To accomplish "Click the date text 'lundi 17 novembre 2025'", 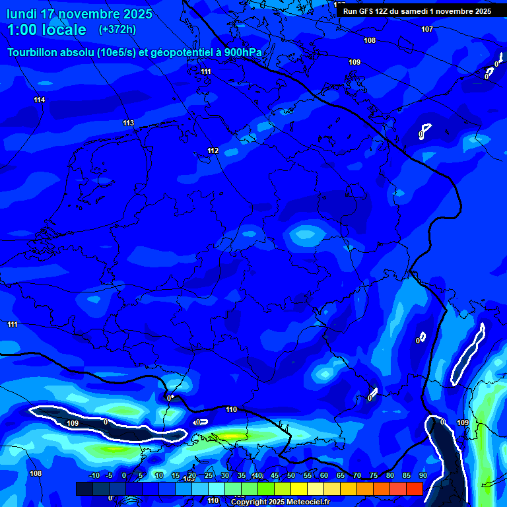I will (x=79, y=14).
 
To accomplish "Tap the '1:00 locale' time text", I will (x=47, y=30).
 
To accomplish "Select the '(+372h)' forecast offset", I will (x=118, y=30).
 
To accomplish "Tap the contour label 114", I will (x=40, y=100).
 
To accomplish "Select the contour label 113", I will (x=129, y=123).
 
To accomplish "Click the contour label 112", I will (x=213, y=151).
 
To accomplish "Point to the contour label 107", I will (x=427, y=29).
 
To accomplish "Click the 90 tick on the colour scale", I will (x=422, y=476).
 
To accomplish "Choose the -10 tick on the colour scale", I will (x=94, y=476).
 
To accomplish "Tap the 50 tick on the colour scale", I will (x=291, y=476).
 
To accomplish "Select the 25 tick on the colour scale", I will (x=209, y=476).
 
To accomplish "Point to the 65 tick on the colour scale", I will (x=341, y=476).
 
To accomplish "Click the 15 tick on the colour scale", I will (x=176, y=476).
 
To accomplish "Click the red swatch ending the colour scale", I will (x=414, y=489).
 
